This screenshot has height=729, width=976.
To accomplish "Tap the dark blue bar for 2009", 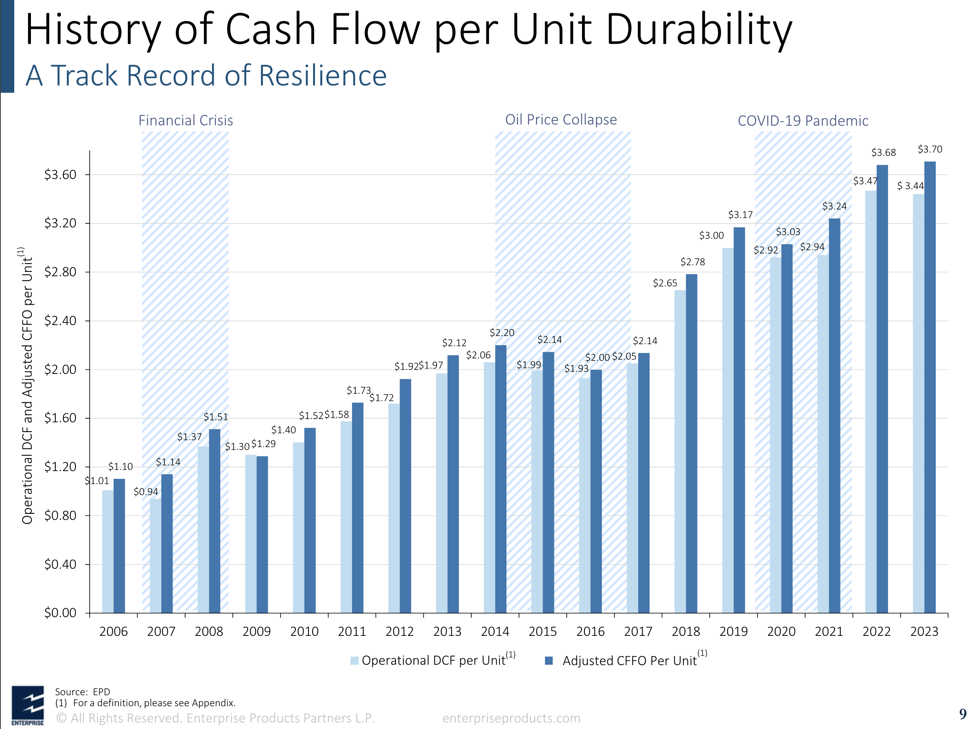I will tap(262, 535).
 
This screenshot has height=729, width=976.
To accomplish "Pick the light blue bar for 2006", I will tap(108, 551).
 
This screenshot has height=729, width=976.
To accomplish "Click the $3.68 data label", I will tap(883, 153).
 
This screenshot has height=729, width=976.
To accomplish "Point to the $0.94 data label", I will tap(146, 492).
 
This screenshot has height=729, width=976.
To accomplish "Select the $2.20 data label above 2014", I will tap(502, 332).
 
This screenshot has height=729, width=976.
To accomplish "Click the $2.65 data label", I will tap(665, 283).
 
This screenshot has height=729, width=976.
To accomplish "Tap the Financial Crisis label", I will tap(185, 120).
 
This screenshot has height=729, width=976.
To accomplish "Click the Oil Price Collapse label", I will tap(561, 120).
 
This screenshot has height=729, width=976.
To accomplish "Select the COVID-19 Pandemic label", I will tap(803, 120).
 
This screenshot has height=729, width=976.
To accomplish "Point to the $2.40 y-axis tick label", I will tap(61, 321).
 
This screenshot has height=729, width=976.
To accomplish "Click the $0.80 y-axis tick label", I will tap(61, 515).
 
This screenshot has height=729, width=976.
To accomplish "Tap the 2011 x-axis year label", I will tap(352, 631).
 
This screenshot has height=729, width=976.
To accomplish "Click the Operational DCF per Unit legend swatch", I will tap(354, 661).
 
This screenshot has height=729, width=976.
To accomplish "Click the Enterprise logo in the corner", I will tap(27, 705).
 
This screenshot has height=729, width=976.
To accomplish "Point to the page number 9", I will tap(962, 714).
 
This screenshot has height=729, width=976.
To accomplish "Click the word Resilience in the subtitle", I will tap(322, 75).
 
